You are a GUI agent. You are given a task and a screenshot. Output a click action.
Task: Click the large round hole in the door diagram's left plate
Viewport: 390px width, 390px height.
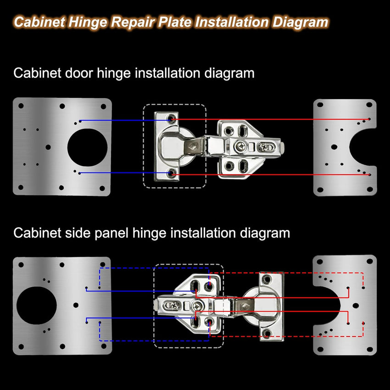87,147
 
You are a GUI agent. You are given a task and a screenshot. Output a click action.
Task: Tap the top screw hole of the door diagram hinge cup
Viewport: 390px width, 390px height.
172,119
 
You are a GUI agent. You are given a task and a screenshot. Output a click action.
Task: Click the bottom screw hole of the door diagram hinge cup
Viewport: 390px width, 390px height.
172,174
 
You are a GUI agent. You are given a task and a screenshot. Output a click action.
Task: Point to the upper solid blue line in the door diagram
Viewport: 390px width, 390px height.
124,121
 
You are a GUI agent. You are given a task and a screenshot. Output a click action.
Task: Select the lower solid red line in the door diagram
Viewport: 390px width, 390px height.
271,175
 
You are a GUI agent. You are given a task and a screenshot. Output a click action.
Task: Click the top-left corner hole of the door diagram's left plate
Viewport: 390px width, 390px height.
21,106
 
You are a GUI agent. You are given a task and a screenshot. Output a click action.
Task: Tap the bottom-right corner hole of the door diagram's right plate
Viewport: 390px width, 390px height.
369,189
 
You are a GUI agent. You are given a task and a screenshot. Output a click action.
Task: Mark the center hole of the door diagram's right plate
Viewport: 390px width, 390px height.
334,147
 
